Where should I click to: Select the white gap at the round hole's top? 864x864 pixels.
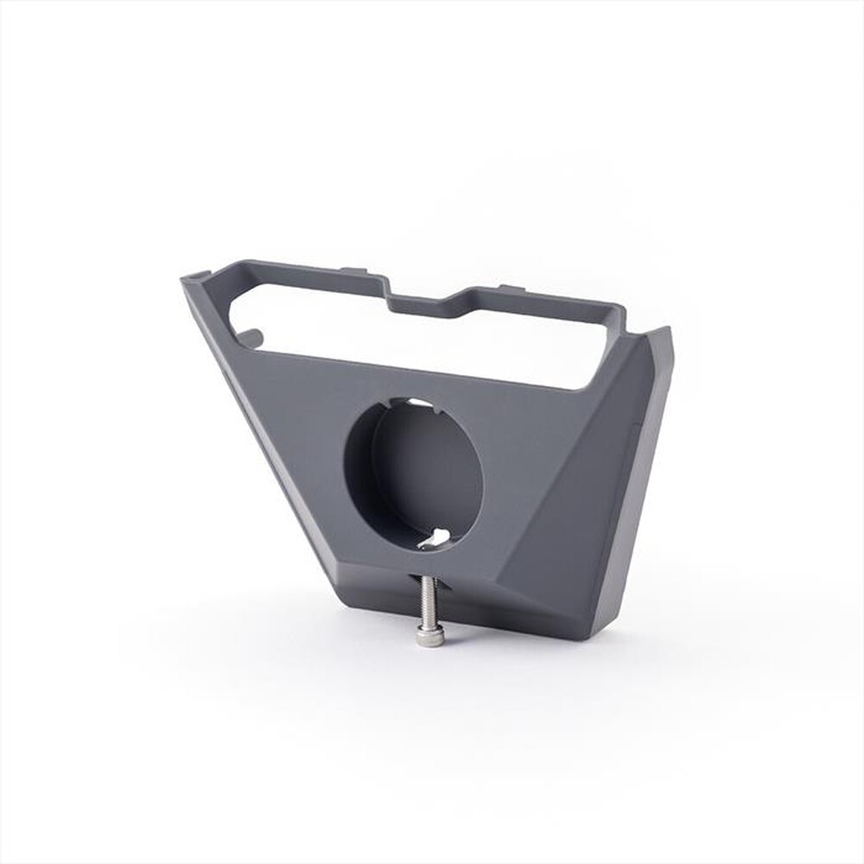click(x=413, y=403)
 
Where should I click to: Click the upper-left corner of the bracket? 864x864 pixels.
click(x=187, y=277)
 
